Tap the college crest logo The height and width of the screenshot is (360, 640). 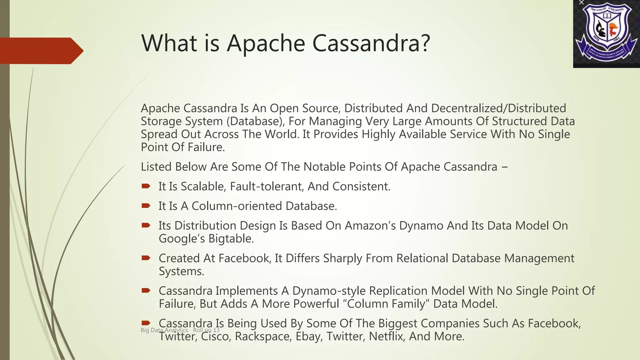(x=606, y=34)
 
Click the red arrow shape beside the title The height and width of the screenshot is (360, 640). (x=41, y=51)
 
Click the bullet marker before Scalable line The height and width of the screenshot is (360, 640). (x=146, y=186)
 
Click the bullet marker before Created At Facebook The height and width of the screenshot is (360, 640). (x=146, y=258)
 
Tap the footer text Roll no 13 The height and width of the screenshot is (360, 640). (x=206, y=330)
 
